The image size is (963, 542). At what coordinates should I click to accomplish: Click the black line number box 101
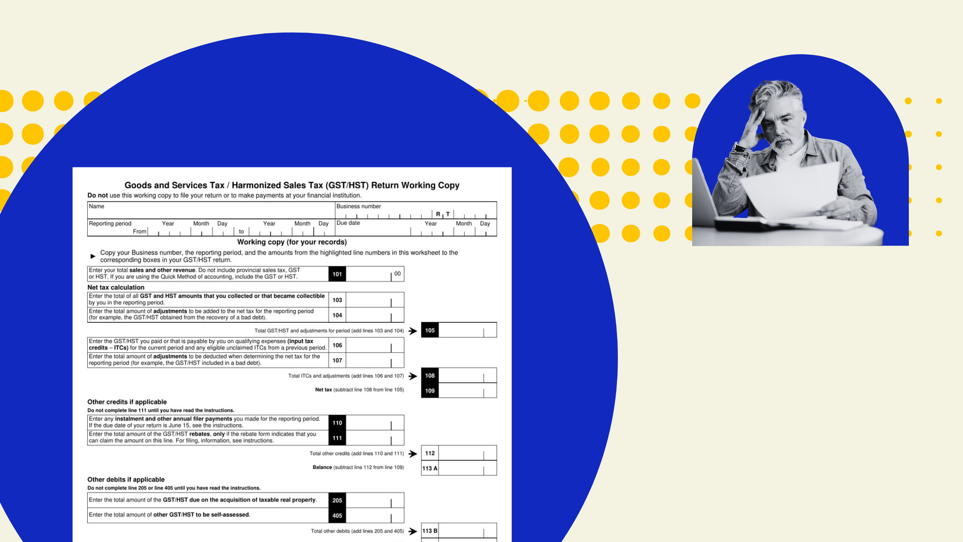pos(337,274)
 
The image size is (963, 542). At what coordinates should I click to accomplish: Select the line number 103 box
pos(337,300)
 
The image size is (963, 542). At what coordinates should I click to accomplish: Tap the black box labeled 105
pos(430,330)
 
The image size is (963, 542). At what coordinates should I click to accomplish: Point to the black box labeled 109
pos(430,391)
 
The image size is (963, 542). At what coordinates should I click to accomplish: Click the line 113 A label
pos(430,468)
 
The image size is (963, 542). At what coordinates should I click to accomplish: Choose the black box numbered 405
pos(337,515)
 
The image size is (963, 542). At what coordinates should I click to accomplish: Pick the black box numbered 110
pos(337,423)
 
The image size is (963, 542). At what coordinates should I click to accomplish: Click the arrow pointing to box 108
pos(413,376)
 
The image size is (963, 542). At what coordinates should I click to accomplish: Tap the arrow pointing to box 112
pos(413,453)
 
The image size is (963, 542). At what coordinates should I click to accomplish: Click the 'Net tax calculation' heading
pos(116,287)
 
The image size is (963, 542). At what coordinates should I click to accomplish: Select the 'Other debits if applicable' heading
pos(126,479)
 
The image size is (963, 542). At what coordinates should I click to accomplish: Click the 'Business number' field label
pos(359,206)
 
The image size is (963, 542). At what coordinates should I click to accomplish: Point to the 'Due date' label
pos(348,223)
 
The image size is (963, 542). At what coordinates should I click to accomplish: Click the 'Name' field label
pos(96,206)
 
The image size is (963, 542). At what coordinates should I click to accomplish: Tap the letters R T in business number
pos(443,214)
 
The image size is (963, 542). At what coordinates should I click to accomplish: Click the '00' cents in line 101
pos(397,274)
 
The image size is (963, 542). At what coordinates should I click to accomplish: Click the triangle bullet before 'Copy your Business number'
pos(93,256)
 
